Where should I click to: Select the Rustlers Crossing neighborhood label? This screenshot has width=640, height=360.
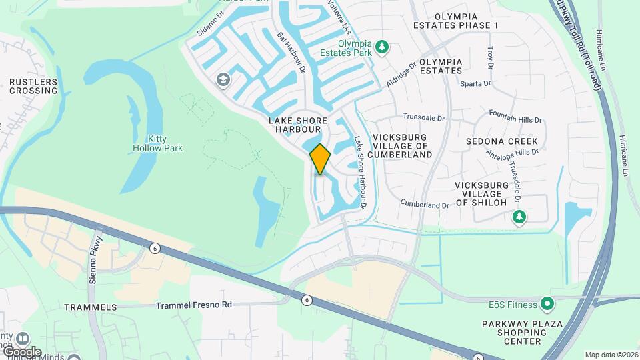[x=33, y=86]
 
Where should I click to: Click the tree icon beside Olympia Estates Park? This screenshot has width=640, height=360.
[x=381, y=47]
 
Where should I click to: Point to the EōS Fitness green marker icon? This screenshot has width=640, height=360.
[x=547, y=305]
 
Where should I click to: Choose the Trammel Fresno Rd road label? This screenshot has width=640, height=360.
[x=193, y=305]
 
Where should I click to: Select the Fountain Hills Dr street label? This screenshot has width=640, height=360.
[x=515, y=117]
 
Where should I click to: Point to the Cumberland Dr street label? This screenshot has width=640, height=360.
[x=425, y=203]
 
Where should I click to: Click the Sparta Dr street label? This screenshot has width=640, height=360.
[x=475, y=84]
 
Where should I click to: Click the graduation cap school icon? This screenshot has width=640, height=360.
[x=223, y=81]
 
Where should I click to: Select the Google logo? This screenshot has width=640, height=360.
[x=21, y=351]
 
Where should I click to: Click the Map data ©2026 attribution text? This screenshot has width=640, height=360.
[x=611, y=355]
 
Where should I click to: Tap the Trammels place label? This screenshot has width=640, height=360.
[x=90, y=307]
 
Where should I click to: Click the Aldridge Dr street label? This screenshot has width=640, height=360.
[x=401, y=74]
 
